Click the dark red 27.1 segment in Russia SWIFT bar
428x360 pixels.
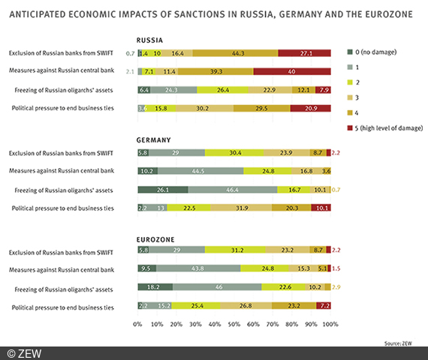(x=304, y=53)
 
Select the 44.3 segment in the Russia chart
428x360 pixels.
(x=235, y=53)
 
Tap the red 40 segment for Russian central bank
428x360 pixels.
(x=291, y=71)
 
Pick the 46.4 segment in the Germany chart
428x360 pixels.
(x=232, y=190)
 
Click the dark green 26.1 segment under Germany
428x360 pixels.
(x=162, y=190)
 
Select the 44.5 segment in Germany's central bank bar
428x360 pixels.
(x=199, y=171)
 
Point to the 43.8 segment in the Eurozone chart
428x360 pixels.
(x=197, y=268)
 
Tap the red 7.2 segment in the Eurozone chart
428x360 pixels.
(x=324, y=305)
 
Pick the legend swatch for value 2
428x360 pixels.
(x=350, y=82)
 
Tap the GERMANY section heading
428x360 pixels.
(x=153, y=139)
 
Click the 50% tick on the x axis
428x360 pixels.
(x=234, y=324)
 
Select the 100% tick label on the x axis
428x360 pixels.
(x=330, y=324)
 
